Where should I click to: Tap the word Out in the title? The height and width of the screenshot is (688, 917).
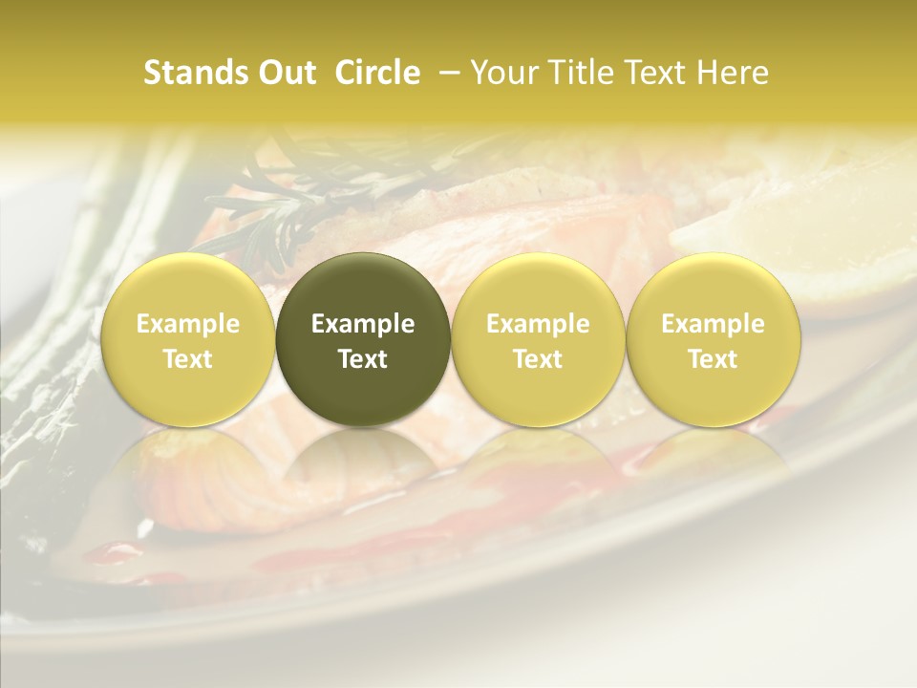click(286, 73)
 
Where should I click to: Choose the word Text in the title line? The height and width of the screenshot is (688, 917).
click(654, 73)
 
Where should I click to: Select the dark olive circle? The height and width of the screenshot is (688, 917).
click(363, 339)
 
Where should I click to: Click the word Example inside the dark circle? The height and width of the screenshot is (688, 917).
click(363, 324)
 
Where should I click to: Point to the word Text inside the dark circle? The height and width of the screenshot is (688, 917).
click(363, 359)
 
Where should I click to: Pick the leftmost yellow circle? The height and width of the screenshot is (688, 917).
click(188, 339)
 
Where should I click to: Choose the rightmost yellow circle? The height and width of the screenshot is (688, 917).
click(714, 339)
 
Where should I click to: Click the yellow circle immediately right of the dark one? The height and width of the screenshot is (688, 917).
click(538, 339)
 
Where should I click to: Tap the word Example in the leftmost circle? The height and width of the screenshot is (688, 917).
click(188, 324)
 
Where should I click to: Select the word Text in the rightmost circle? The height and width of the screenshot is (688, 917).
click(714, 359)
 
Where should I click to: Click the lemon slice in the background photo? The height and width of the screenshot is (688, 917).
click(755, 239)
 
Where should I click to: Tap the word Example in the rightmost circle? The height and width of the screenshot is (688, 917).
click(714, 324)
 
